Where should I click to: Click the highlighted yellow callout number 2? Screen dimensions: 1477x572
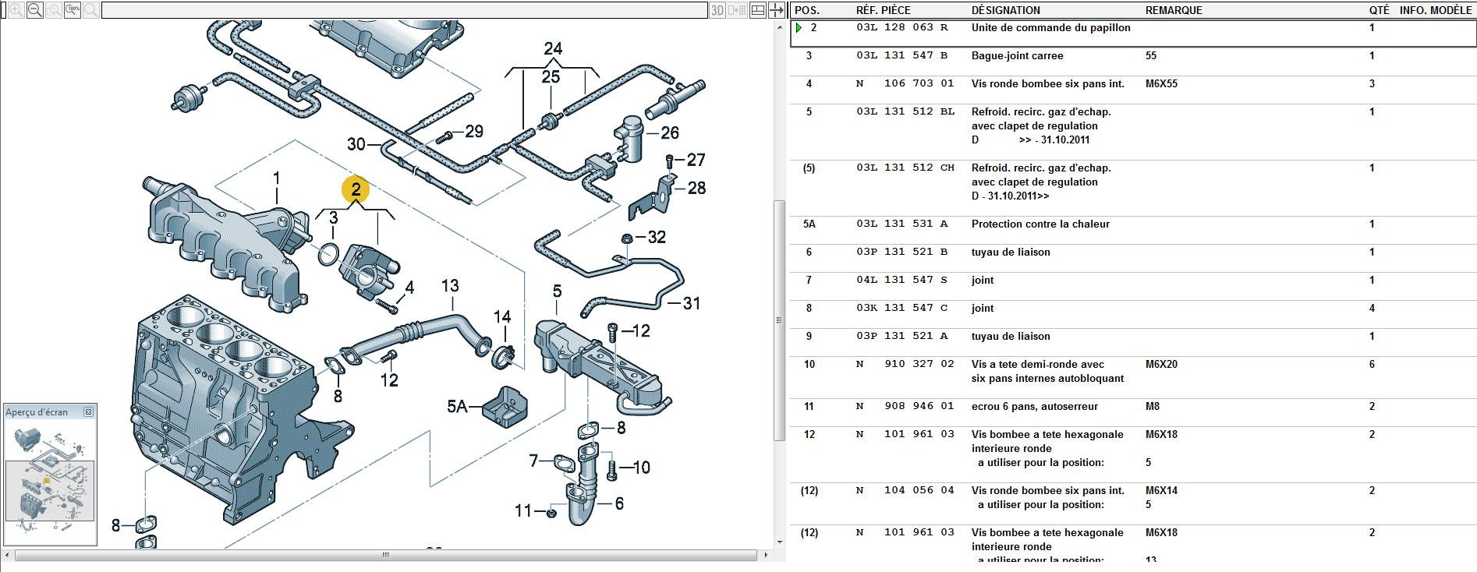click(356, 189)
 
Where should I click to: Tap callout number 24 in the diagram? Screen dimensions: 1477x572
click(553, 48)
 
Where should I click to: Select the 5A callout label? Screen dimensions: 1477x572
click(457, 406)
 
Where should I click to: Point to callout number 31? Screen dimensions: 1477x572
click(691, 303)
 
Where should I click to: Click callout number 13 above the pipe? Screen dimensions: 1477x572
click(450, 286)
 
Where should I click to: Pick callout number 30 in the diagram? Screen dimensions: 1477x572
click(356, 144)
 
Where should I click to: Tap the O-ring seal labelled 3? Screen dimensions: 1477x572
click(328, 252)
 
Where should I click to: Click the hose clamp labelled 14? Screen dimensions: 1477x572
click(504, 357)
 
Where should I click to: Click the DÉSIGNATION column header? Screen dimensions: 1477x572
click(1005, 10)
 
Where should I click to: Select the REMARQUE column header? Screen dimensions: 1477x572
click(1174, 10)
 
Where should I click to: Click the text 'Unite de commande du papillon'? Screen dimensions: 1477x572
click(1050, 27)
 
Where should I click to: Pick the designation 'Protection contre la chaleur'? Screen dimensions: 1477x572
click(1040, 224)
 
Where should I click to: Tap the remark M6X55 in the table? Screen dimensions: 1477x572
click(1161, 83)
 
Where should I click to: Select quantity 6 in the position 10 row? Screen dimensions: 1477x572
click(1372, 364)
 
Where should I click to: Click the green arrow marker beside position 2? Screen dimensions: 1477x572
click(799, 28)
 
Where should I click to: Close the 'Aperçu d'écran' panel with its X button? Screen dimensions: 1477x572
click(88, 411)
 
